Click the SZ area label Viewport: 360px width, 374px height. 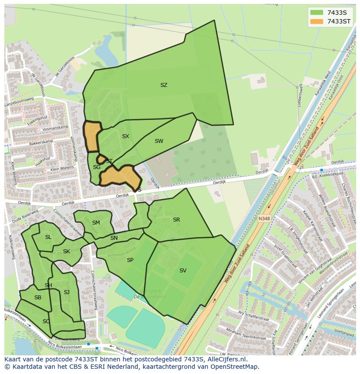tap(163, 85)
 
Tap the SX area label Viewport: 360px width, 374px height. tap(125, 136)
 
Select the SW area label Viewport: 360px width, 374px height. tap(159, 141)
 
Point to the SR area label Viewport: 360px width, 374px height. tap(176, 220)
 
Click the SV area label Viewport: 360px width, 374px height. tap(183, 271)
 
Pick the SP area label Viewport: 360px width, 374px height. tap(130, 260)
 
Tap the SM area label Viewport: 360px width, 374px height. tap(96, 223)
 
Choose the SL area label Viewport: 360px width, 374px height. tap(48, 237)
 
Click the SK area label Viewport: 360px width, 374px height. tap(67, 252)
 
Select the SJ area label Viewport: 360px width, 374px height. tap(67, 292)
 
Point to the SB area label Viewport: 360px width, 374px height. tap(38, 298)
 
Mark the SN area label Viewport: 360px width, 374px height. tap(114, 238)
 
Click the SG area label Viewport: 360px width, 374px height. tap(97, 167)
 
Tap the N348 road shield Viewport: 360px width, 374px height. tap(263, 218)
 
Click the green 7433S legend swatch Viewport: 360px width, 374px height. tap(317, 13)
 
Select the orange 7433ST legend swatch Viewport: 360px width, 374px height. tap(317, 21)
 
